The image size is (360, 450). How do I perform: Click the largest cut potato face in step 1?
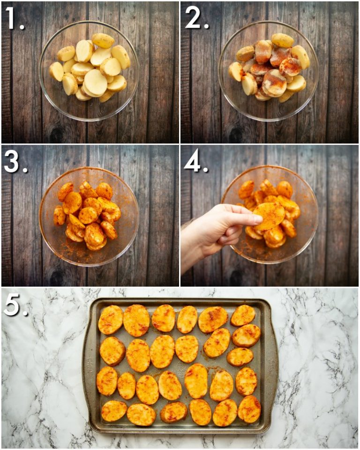tap(96, 82)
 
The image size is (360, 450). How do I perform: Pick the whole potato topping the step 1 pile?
tap(103, 40)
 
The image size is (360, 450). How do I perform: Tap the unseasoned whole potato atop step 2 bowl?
tap(283, 40)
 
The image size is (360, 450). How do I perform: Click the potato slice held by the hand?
tap(270, 216)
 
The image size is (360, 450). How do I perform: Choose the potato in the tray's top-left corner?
tap(111, 320)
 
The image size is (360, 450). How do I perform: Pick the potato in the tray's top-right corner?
tap(243, 315)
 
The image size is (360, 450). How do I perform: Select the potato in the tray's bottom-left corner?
tap(114, 411)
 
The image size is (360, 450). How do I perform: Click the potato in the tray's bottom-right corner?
tap(249, 409)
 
